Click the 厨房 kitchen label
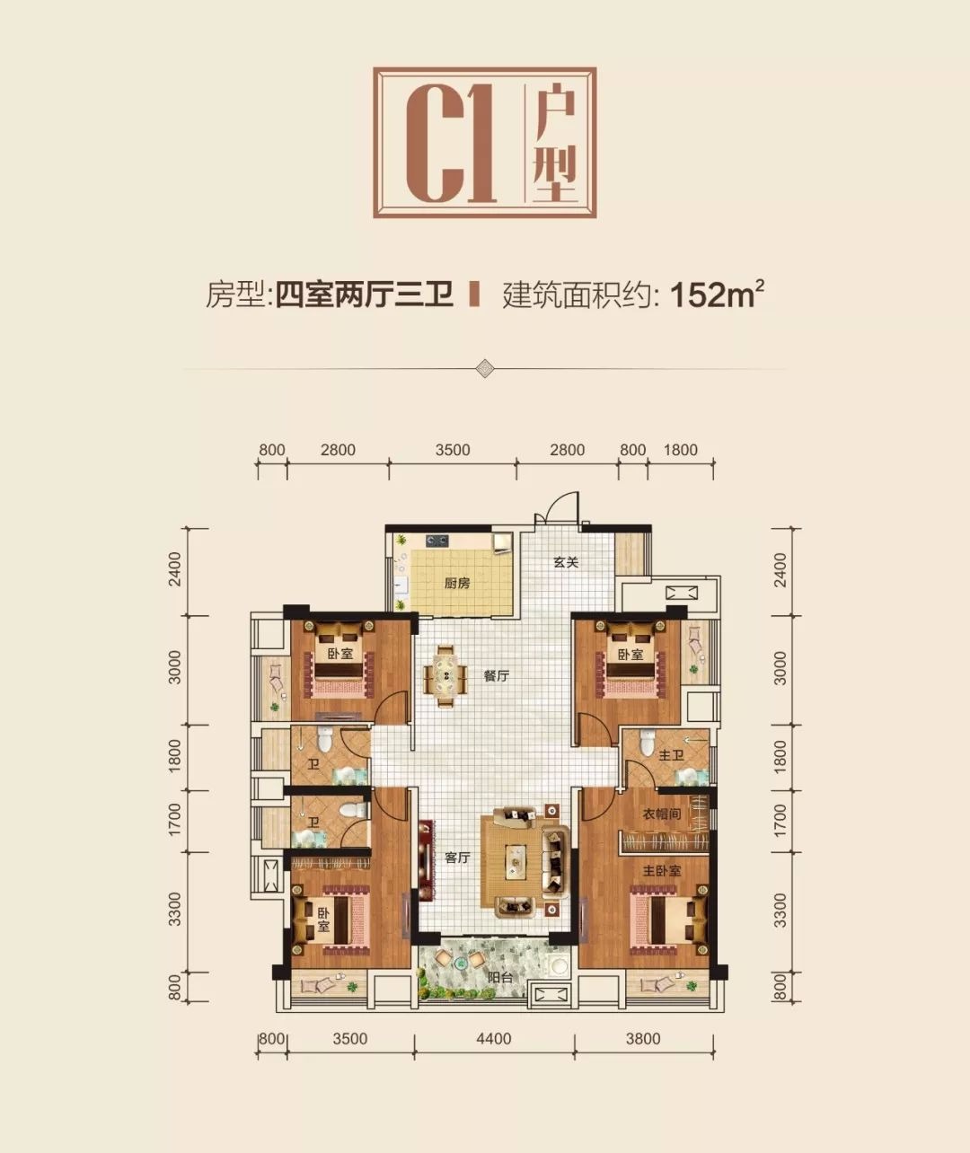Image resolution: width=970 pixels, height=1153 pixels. click(x=457, y=584)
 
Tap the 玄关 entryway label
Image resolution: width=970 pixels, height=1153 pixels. click(x=566, y=563)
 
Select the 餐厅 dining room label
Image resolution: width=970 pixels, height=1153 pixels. click(x=496, y=676)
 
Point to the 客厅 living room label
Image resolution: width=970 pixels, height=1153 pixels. click(x=457, y=858)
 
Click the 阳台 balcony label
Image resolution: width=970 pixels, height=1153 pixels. click(x=500, y=977)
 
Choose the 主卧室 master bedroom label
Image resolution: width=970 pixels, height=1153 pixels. click(x=662, y=871)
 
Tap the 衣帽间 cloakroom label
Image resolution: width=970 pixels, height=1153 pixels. click(x=662, y=814)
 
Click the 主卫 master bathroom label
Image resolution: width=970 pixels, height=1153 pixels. click(x=671, y=755)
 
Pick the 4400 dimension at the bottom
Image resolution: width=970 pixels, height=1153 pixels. click(x=494, y=1039)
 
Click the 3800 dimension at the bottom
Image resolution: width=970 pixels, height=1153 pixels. click(x=643, y=1039)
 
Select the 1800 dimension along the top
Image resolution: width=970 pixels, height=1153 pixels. click(x=681, y=450)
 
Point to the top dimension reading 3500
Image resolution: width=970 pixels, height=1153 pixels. click(x=453, y=450)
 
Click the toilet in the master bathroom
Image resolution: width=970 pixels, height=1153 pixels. click(x=646, y=742)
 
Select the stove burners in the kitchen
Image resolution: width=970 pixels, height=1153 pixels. click(x=436, y=540)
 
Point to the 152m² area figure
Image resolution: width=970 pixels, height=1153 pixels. click(x=717, y=295)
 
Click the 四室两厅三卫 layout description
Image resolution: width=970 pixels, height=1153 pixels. click(x=365, y=295)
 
